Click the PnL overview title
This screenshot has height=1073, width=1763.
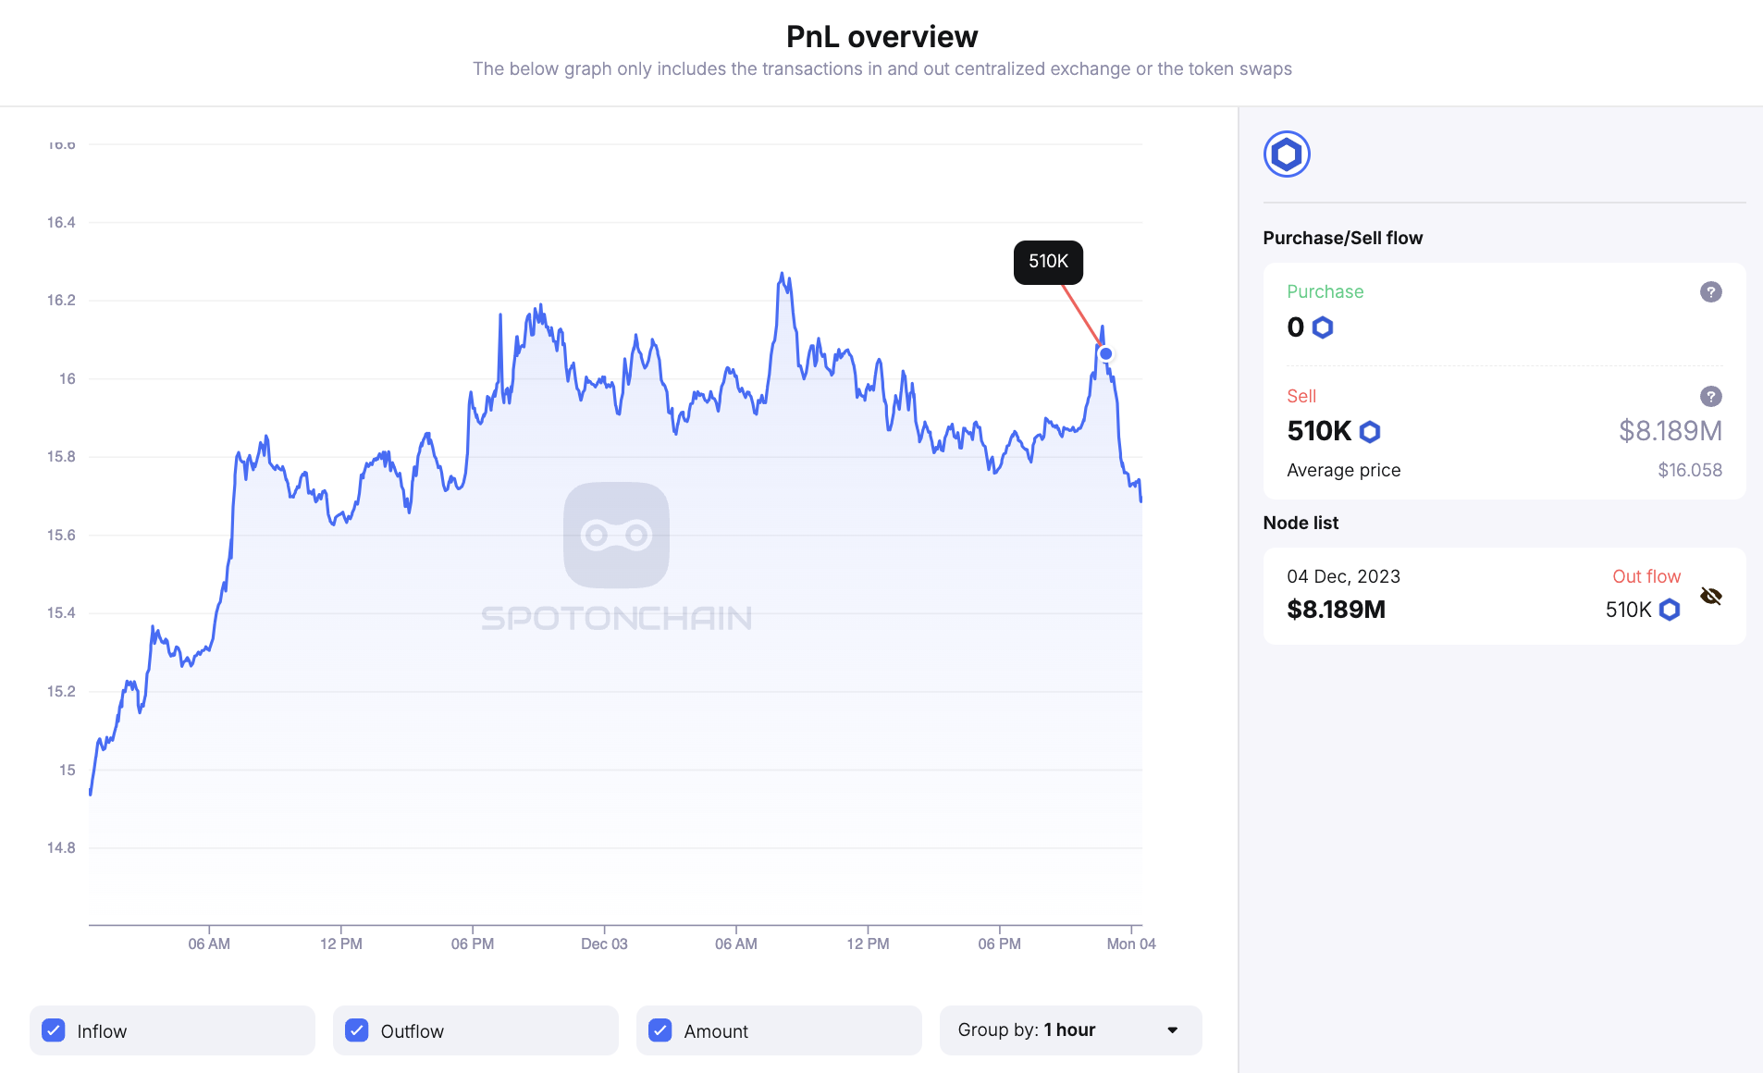(881, 37)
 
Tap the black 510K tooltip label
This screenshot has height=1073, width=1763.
(1048, 262)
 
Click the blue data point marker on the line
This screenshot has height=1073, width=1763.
(1105, 353)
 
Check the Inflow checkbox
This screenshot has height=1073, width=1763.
(54, 1030)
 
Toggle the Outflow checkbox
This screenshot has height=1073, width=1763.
(357, 1030)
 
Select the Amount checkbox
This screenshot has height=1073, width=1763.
(660, 1030)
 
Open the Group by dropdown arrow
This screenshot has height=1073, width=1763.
(1172, 1030)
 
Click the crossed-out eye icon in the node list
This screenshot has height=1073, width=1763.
(1710, 597)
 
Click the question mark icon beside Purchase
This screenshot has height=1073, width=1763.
(1710, 292)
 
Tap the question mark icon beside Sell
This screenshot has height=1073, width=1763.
(1710, 397)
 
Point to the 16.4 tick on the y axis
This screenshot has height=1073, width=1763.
(61, 223)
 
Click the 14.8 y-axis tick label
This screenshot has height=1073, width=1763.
(61, 848)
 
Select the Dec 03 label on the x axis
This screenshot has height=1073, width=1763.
(604, 944)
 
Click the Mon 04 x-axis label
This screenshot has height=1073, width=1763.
(1130, 944)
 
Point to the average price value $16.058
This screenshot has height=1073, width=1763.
(1689, 471)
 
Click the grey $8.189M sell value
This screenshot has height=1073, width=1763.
(1670, 431)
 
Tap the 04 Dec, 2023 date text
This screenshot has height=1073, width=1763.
(1343, 577)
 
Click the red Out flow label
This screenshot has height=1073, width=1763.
(1646, 577)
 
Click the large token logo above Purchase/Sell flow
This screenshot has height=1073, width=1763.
(1287, 154)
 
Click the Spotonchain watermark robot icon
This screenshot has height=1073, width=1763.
(616, 535)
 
